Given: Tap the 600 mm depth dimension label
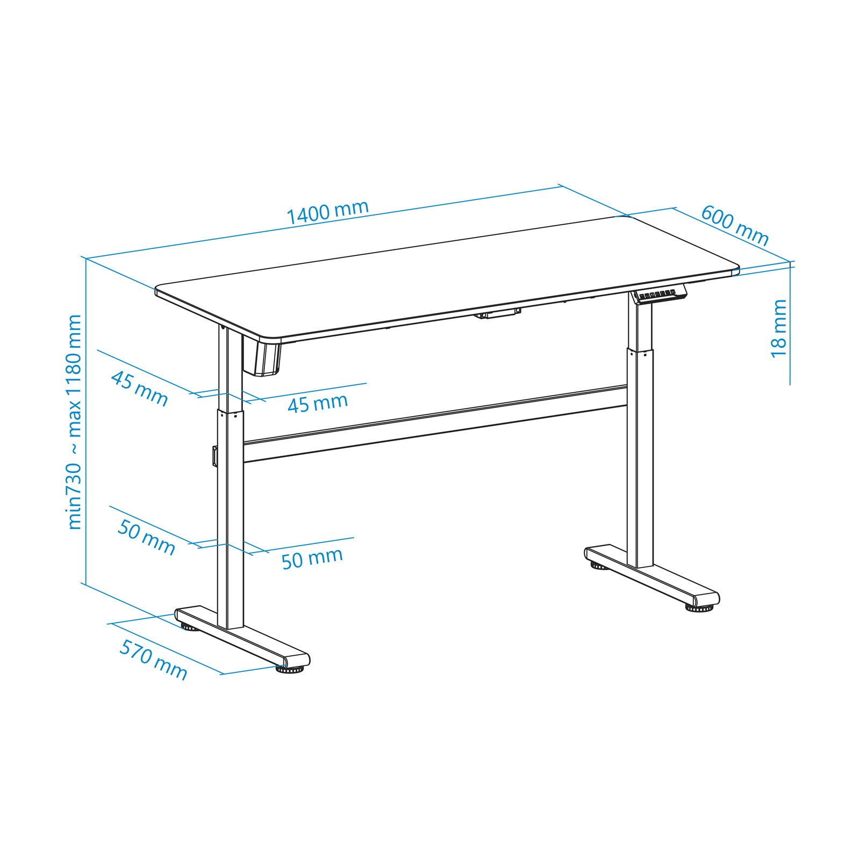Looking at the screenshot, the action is (x=735, y=225).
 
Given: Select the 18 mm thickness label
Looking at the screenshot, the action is (x=779, y=328).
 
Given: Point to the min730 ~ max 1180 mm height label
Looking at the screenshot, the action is (x=75, y=422).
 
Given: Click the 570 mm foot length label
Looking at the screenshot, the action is (x=153, y=660).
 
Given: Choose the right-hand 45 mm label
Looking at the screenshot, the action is (x=318, y=403).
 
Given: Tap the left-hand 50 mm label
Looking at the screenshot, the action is (x=146, y=537).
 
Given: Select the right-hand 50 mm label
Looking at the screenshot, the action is (x=312, y=558).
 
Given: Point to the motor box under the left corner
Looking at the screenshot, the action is (x=261, y=356).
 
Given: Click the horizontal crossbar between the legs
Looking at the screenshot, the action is (x=435, y=424).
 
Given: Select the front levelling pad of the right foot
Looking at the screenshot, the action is (x=699, y=608).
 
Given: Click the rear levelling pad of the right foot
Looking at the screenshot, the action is (x=598, y=565).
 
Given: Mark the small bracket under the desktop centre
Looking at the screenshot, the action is (x=498, y=313).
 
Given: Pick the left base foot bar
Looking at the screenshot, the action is (x=242, y=637).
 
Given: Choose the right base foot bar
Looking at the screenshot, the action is (x=652, y=576).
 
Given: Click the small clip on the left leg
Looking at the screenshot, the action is (x=215, y=456).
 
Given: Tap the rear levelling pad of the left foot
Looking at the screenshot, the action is (x=189, y=626).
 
